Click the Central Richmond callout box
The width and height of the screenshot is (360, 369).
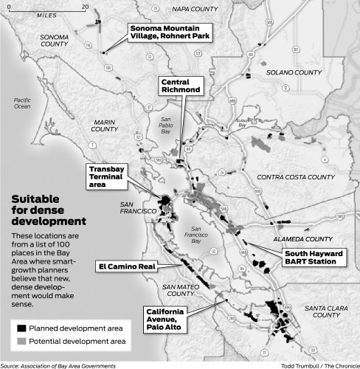tap(180, 85)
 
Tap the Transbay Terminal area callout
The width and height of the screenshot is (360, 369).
tap(107, 176)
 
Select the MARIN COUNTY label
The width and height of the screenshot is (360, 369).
tap(104, 125)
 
